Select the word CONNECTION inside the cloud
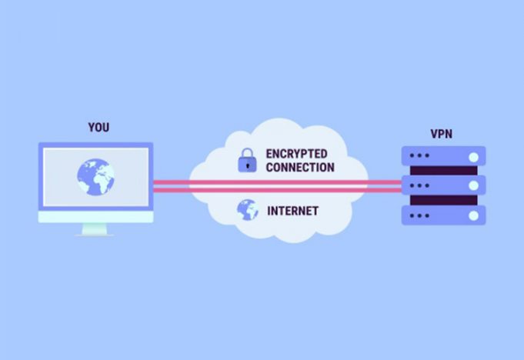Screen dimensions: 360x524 point(300,167)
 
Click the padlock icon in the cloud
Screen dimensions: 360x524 point(247,161)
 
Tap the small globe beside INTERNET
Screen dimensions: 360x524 point(247,209)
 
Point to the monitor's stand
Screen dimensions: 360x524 point(95,229)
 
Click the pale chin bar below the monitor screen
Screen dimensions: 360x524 point(95,216)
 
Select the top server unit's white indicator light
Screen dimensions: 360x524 point(472,157)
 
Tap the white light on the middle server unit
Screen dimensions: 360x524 point(472,185)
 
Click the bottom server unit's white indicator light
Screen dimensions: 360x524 point(472,214)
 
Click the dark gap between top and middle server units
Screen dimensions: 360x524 point(443,171)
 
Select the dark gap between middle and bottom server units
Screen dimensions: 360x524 point(443,200)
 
